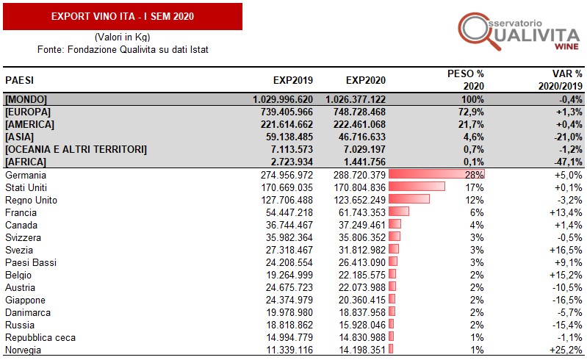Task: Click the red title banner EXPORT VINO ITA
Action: pos(122,16)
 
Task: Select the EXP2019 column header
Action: pos(293,80)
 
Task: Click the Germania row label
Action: pos(25,175)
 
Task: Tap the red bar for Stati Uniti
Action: pos(417,187)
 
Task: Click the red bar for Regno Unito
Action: pos(408,200)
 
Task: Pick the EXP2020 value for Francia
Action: pos(356,212)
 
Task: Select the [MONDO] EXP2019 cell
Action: pos(282,99)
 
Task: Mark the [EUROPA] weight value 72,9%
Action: pos(470,112)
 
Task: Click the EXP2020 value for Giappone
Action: pos(356,300)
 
